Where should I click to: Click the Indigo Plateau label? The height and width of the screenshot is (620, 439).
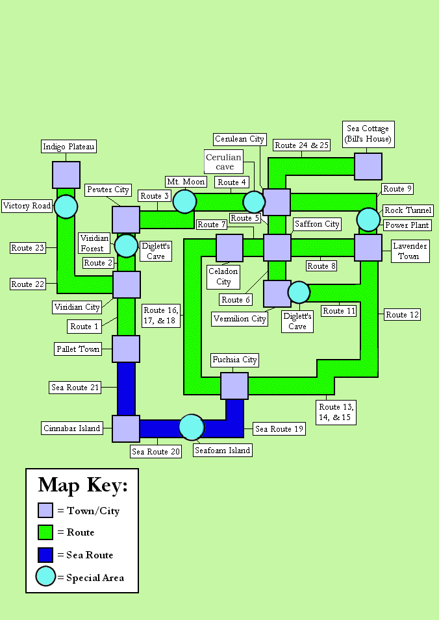point(69,147)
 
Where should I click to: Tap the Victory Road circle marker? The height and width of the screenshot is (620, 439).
point(66,206)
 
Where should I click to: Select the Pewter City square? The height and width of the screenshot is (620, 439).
point(126,219)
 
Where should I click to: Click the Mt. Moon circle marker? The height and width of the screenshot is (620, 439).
point(184,201)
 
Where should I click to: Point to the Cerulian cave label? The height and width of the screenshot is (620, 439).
point(224,162)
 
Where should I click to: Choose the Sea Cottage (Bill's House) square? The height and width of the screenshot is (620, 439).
point(368,166)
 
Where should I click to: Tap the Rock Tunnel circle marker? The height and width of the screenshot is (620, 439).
point(368,219)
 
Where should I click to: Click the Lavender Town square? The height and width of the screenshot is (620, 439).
point(368,248)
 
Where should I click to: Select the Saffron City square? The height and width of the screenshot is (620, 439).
point(277,248)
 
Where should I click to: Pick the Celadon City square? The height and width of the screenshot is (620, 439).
point(229,248)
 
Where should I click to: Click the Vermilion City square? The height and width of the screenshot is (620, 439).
point(277,293)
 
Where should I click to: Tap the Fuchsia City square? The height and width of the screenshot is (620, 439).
point(234,386)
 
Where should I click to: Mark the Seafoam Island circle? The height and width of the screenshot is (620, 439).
point(192,427)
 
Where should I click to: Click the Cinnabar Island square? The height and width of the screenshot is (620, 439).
point(126,428)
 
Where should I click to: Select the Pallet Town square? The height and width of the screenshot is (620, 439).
point(126,349)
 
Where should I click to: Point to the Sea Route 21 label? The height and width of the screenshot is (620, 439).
point(76,388)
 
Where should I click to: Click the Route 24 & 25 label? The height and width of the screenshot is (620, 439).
point(302,145)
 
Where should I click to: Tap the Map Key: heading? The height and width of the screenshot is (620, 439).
point(82,485)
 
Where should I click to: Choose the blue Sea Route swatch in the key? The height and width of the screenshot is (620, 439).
point(45,555)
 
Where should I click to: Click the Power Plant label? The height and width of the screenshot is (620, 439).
point(405,225)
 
